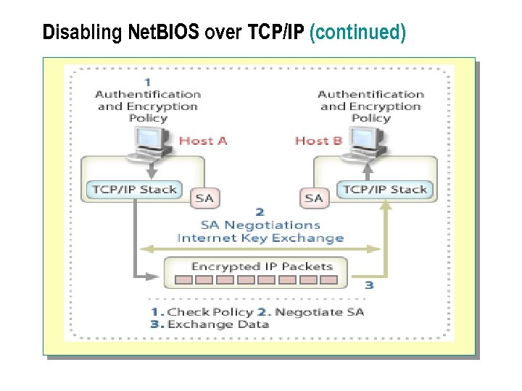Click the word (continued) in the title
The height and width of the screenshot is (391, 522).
357,33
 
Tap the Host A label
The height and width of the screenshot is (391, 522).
203,140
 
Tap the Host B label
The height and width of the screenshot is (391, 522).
318,140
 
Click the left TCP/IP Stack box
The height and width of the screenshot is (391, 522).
133,190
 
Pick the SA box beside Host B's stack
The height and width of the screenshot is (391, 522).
314,198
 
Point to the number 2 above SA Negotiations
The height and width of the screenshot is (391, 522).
260,214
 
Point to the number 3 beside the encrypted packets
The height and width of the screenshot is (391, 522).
369,285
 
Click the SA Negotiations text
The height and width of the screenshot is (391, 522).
260,225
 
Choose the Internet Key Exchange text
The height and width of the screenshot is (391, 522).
260,237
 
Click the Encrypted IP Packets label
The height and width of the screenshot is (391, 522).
262,266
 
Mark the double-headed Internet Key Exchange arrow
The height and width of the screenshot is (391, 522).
260,249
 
